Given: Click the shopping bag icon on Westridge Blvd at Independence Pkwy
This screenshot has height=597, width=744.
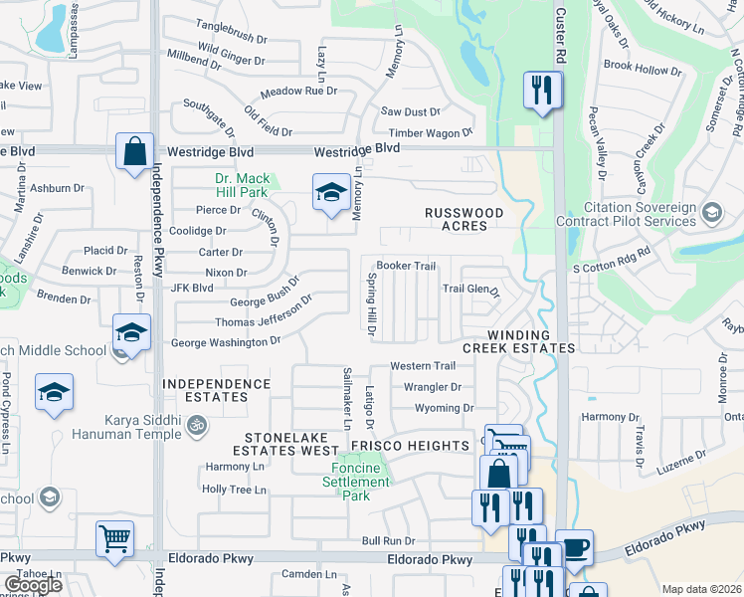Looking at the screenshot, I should [x=134, y=152].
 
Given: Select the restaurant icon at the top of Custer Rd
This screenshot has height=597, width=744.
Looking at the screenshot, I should [x=542, y=92].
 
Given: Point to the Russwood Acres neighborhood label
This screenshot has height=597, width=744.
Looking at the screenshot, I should [x=465, y=219].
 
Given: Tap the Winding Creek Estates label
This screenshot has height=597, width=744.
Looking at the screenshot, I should [x=518, y=341].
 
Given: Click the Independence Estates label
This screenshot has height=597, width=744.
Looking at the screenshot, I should [x=217, y=390].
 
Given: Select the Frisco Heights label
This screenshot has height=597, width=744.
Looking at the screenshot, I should [x=423, y=445].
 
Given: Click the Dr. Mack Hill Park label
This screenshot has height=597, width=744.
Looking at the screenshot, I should [x=242, y=186].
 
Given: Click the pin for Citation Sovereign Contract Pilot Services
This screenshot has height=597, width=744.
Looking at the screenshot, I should [x=711, y=212].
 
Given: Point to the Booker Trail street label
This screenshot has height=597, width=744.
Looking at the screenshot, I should [x=406, y=266].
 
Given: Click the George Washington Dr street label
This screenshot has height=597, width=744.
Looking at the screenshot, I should [x=226, y=342].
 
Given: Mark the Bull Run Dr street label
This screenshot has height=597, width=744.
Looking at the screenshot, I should [x=388, y=540].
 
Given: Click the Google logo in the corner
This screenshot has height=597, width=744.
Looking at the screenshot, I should [x=33, y=585].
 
